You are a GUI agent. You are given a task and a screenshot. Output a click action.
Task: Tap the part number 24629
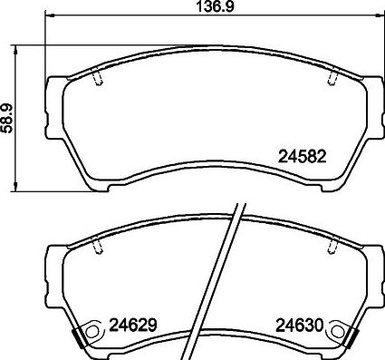tap(133, 323)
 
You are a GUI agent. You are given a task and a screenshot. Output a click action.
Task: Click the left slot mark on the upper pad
tap(97, 80)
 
